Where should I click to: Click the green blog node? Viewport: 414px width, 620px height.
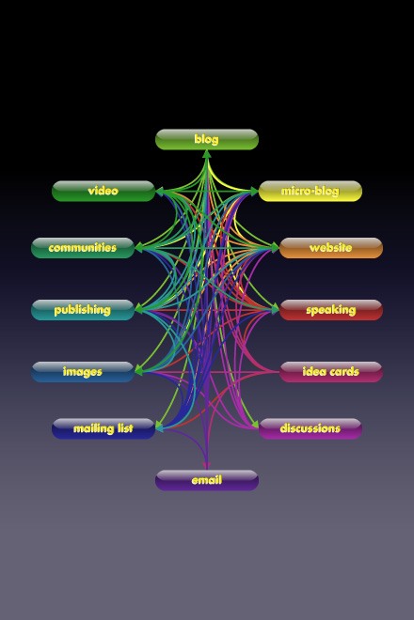[x=207, y=140]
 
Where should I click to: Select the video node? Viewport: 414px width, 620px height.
[x=103, y=192]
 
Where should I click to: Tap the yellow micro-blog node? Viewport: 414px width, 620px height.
[x=310, y=192]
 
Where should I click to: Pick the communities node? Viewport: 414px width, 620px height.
[x=83, y=248]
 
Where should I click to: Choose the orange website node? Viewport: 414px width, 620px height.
[x=331, y=248]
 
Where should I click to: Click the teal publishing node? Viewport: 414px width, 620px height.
[x=83, y=310]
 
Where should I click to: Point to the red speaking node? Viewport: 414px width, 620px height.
[x=331, y=310]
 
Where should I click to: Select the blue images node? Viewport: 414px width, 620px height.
[x=83, y=372]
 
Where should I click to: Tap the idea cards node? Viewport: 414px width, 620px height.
[x=331, y=372]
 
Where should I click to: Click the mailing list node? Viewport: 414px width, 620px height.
[x=103, y=428]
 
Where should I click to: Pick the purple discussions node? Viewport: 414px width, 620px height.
[x=310, y=428]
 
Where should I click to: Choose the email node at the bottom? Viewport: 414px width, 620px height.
[x=207, y=480]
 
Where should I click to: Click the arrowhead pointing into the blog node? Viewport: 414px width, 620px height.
[x=207, y=154]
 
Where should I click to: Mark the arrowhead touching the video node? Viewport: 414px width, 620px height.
[x=159, y=192]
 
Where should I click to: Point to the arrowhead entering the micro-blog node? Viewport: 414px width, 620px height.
[x=254, y=192]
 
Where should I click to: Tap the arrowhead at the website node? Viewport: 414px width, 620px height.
[x=275, y=248]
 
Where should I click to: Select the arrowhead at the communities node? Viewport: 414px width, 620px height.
[x=138, y=248]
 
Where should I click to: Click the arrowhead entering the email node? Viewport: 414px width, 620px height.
[x=207, y=466]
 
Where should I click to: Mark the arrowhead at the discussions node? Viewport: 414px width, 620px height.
[x=254, y=426]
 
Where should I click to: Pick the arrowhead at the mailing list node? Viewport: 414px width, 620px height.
[x=159, y=426]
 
